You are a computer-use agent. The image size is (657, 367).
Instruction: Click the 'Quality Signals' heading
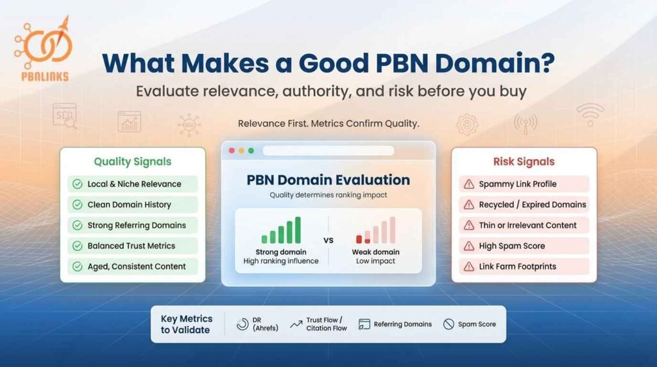coord(132,162)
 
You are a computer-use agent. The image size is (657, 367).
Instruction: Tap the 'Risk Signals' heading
coord(524,162)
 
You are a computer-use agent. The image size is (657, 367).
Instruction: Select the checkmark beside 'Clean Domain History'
coord(77,205)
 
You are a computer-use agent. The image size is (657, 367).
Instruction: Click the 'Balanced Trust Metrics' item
coord(131,246)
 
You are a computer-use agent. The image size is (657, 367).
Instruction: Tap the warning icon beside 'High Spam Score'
coord(468,246)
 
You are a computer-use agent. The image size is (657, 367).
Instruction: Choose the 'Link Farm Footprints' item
coord(517,266)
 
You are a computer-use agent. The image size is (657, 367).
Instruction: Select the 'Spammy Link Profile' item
coord(517,184)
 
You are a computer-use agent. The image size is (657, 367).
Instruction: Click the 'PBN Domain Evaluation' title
coord(328,180)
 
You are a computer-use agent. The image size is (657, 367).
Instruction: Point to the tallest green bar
coord(296,230)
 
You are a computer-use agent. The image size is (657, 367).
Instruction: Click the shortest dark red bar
coord(359,239)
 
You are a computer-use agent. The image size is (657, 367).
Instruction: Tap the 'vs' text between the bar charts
coord(328,241)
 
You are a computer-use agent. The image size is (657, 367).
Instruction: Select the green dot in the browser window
coord(251,151)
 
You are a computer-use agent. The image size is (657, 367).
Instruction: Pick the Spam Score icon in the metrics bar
coord(448,324)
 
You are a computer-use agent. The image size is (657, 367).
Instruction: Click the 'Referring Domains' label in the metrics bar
coord(403,324)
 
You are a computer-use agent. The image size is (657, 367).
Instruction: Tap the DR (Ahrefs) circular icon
coord(243,324)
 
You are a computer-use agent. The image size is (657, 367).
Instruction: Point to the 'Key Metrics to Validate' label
coord(186,324)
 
